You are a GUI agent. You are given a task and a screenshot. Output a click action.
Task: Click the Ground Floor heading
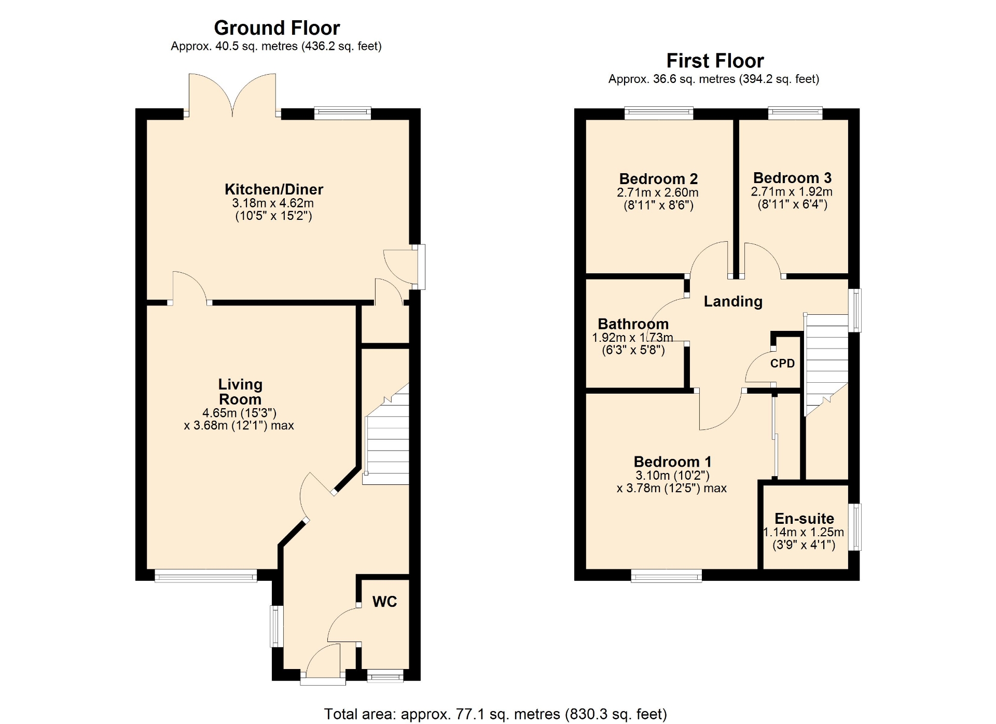pyautogui.click(x=277, y=28)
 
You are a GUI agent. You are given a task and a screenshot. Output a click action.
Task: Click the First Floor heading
pyautogui.click(x=715, y=61)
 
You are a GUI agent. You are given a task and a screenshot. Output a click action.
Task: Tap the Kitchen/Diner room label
pyautogui.click(x=274, y=189)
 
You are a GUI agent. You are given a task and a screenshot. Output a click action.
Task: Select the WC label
pyautogui.click(x=384, y=602)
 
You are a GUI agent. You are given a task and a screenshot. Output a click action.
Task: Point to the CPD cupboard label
pyautogui.click(x=782, y=363)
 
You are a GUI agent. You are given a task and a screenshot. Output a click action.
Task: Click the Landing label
pyautogui.click(x=733, y=301)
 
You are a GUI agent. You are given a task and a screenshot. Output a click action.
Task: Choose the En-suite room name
pyautogui.click(x=804, y=518)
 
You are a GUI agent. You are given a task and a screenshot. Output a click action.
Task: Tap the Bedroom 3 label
pyautogui.click(x=792, y=178)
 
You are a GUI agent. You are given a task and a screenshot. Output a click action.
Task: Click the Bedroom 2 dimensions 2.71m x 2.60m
pyautogui.click(x=658, y=192)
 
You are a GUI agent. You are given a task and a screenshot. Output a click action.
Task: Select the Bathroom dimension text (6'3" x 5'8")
pyautogui.click(x=633, y=350)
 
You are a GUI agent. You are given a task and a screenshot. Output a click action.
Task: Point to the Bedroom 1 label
pyautogui.click(x=672, y=462)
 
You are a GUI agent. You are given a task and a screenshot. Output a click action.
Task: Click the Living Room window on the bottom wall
pyautogui.click(x=206, y=575)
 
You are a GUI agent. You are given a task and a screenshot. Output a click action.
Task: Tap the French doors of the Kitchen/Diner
pyautogui.click(x=232, y=95)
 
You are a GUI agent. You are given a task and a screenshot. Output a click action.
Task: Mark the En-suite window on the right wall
pyautogui.click(x=854, y=527)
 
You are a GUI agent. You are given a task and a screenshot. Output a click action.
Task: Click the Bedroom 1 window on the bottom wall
pyautogui.click(x=666, y=575)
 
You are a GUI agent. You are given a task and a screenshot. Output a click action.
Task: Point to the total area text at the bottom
pyautogui.click(x=495, y=714)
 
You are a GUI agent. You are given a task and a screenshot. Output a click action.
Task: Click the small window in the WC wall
pyautogui.click(x=385, y=675)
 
